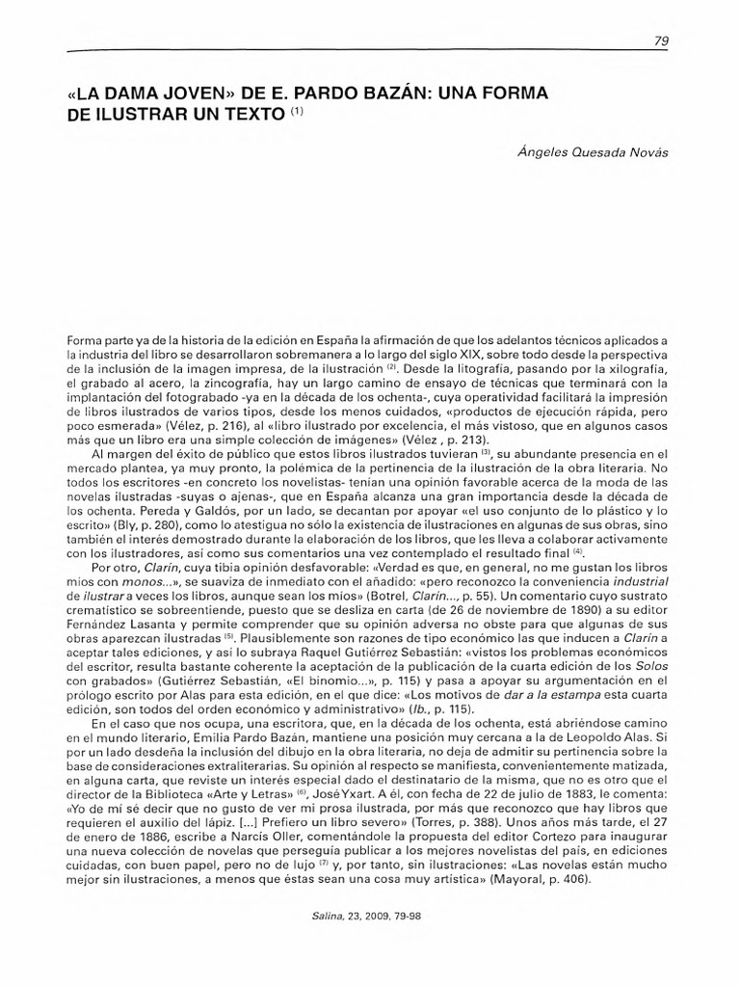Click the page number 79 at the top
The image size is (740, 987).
[x=661, y=40]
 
